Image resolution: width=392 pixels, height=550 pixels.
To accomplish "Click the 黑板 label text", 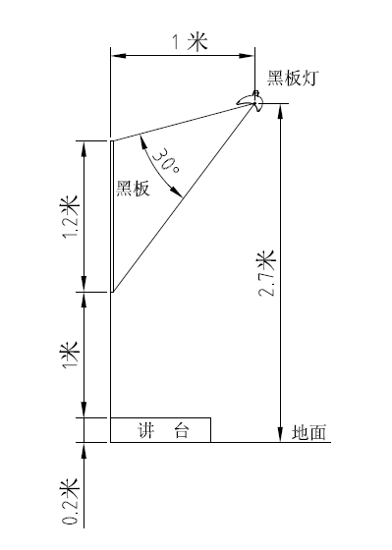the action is pos(133,190).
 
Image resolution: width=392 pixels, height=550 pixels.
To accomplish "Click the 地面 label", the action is pos(308,431).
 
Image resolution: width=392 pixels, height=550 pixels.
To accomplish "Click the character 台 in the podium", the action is pos(181,429).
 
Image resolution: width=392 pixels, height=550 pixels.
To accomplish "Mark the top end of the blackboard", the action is pos(111,141).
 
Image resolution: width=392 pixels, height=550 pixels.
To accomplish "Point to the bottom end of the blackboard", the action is pos(111,292).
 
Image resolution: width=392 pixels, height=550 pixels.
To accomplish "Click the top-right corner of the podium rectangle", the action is pos(210,418).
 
